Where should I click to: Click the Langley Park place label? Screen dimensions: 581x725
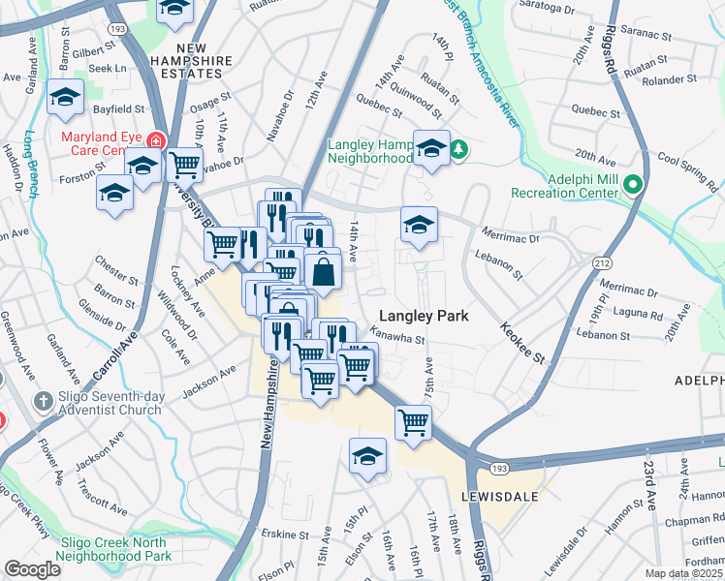click(x=424, y=316)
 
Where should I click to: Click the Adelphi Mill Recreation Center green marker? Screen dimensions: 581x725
click(x=634, y=184)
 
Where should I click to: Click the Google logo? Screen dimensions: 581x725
click(x=32, y=569)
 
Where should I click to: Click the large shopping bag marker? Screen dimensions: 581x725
click(x=323, y=271)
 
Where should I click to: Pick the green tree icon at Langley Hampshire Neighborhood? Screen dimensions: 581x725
click(x=461, y=149)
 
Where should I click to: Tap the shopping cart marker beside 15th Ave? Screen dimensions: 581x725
click(x=414, y=423)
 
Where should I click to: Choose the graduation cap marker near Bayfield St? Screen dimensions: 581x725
click(x=66, y=97)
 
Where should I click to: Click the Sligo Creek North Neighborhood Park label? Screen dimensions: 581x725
click(x=102, y=549)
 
